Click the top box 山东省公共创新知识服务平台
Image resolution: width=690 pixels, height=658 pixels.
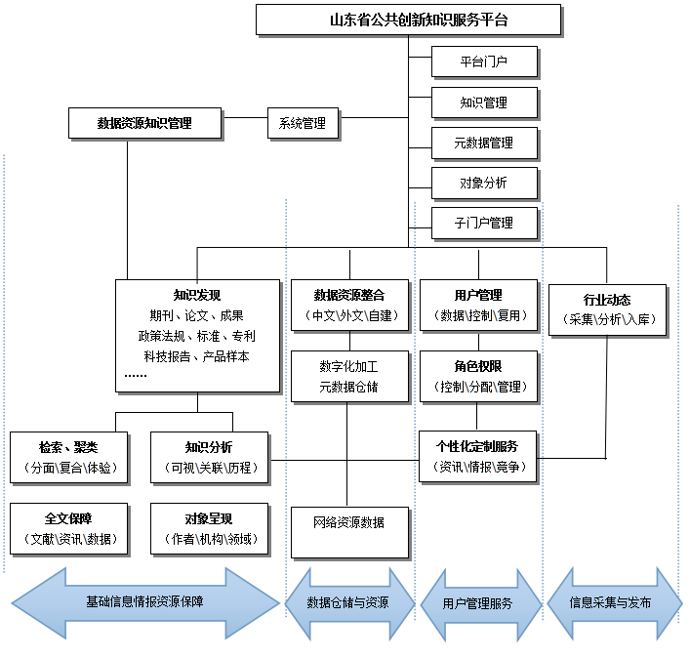coord(408,20)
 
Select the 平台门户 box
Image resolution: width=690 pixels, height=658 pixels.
coord(484,62)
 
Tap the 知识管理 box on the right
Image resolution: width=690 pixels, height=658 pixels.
coord(484,103)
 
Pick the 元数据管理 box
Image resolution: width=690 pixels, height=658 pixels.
coord(484,143)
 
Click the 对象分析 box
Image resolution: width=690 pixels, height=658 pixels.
coord(484,183)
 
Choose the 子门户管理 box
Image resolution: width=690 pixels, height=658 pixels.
coord(484,223)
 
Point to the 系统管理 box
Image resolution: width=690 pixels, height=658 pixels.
coord(303,124)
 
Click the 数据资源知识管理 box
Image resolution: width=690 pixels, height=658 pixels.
coord(144,124)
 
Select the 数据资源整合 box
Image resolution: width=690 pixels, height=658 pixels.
coord(348,305)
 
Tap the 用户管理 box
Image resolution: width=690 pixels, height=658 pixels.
coord(479,305)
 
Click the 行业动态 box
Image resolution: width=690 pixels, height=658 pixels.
coord(606,309)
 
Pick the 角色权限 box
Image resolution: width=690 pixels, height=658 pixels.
coord(479,376)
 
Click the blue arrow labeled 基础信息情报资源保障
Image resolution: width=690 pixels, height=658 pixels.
coord(144,602)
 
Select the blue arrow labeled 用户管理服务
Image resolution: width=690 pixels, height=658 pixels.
coord(480,603)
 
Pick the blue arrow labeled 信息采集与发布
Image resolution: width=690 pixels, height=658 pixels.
coord(611,602)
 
